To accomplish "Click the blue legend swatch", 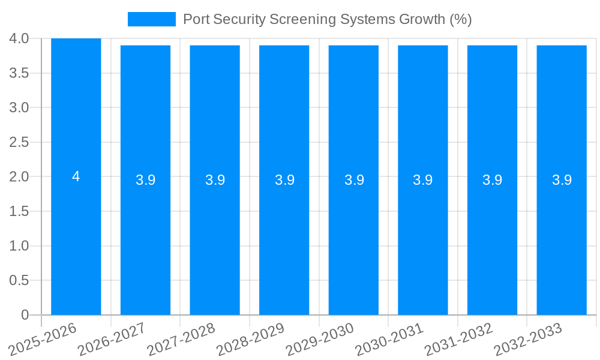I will pyautogui.click(x=152, y=19).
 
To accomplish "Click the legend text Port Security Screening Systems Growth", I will pyautogui.click(x=327, y=19).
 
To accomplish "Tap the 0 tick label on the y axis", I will pyautogui.click(x=25, y=315).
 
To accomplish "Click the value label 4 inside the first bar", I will pyautogui.click(x=76, y=176).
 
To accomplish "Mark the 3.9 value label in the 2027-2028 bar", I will pyautogui.click(x=215, y=180).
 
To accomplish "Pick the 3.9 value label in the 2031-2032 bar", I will pyautogui.click(x=493, y=180).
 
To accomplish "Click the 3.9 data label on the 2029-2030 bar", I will pyautogui.click(x=354, y=180).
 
